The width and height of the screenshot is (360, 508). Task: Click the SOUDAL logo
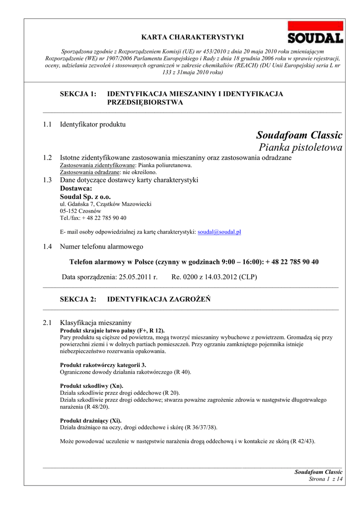[315, 33]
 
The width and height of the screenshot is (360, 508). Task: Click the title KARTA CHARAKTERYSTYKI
[193, 37]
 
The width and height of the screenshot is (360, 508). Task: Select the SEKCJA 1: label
[78, 94]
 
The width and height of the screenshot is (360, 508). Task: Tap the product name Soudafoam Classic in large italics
[299, 135]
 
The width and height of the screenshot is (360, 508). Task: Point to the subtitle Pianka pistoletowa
[300, 147]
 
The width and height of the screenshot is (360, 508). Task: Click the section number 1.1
[48, 124]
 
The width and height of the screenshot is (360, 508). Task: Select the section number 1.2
[48, 158]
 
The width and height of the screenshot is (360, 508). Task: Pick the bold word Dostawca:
[76, 189]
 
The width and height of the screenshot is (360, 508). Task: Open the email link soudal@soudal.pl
[219, 232]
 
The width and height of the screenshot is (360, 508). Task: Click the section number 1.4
[48, 247]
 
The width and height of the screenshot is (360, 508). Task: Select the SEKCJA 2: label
[78, 299]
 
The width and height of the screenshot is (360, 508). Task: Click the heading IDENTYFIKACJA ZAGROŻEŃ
[159, 299]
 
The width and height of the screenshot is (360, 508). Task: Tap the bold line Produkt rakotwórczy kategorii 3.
[103, 365]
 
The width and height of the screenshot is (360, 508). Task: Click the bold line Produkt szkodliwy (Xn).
[91, 386]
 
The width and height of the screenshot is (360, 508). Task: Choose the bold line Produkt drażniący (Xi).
[90, 420]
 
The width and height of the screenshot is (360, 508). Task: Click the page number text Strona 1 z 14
[326, 479]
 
